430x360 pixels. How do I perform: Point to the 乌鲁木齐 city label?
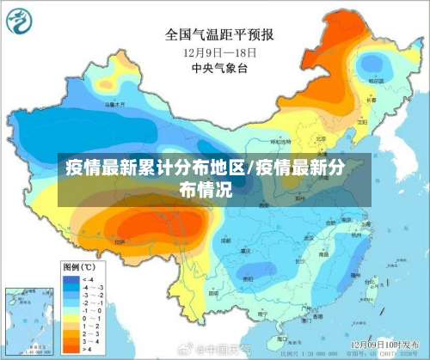tap(114, 104)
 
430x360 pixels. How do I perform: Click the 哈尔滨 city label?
tap(375, 81)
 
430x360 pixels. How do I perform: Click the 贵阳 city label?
tap(249, 279)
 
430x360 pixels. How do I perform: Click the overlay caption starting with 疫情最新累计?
tap(215, 177)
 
